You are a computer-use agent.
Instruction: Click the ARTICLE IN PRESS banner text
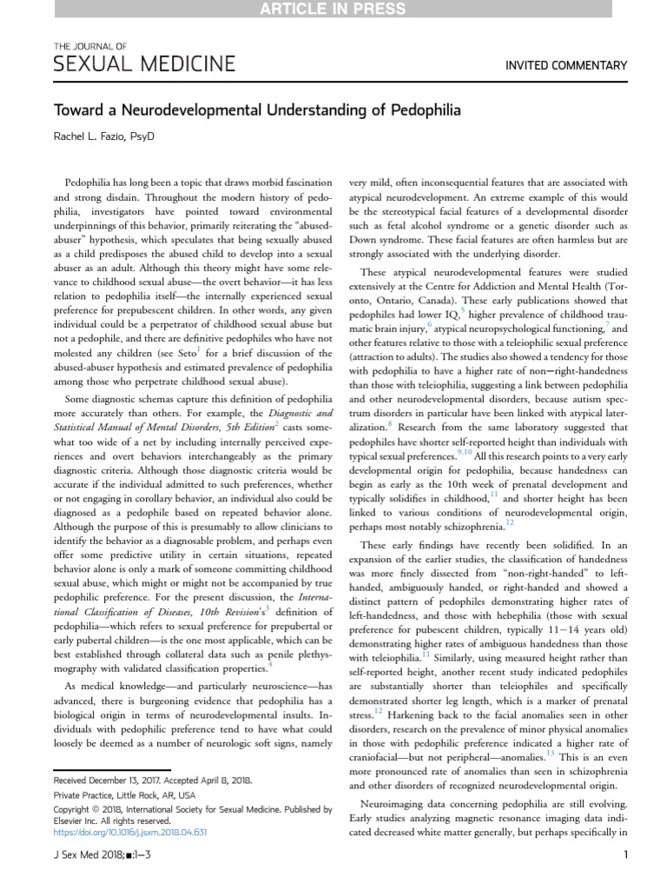(x=333, y=10)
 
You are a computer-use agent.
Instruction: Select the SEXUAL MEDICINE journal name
(x=144, y=63)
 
